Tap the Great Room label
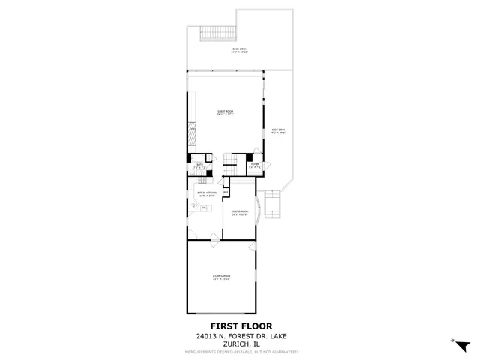click(x=226, y=113)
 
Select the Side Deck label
click(x=278, y=131)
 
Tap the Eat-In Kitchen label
click(x=207, y=194)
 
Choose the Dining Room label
click(x=240, y=213)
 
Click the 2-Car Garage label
click(x=220, y=278)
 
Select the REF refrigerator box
click(x=226, y=193)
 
